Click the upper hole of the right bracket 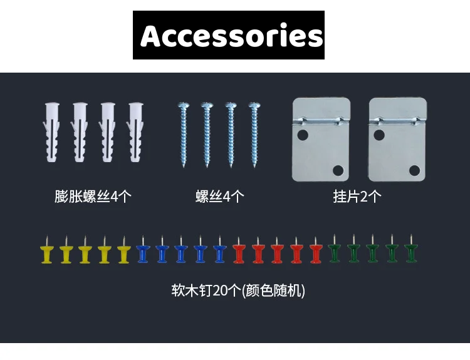pyautogui.click(x=379, y=134)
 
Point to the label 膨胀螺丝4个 pyautogui.click(x=93, y=197)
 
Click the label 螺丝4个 pyautogui.click(x=219, y=197)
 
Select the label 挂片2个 pyautogui.click(x=357, y=197)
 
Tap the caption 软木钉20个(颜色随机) pyautogui.click(x=238, y=291)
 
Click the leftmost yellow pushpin pyautogui.click(x=46, y=252)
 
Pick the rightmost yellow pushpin pyautogui.click(x=123, y=252)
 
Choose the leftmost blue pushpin pyautogui.click(x=143, y=252)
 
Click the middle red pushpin pyautogui.click(x=277, y=252)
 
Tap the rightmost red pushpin pyautogui.click(x=315, y=252)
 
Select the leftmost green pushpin pyautogui.click(x=335, y=252)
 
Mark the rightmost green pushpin pyautogui.click(x=411, y=252)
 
